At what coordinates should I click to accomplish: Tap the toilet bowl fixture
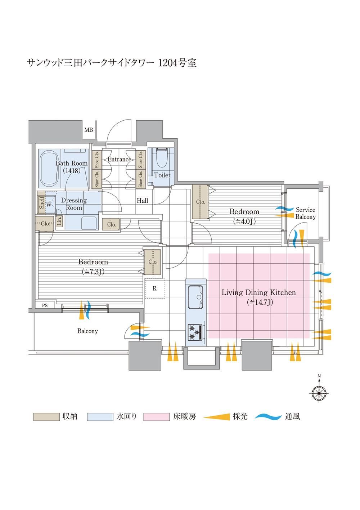162,158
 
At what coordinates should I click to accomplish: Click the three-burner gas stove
195,332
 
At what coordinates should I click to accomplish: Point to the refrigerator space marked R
154,288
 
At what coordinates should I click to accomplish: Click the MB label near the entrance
89,130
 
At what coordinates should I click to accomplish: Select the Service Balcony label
305,213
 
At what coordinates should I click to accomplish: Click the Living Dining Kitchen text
259,292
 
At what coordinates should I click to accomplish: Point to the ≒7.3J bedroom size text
93,272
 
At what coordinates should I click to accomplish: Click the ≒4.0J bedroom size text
244,221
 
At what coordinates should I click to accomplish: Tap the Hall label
142,201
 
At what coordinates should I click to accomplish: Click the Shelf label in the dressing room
42,203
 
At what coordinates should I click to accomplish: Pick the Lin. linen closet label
59,221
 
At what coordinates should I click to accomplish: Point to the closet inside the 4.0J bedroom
201,202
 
